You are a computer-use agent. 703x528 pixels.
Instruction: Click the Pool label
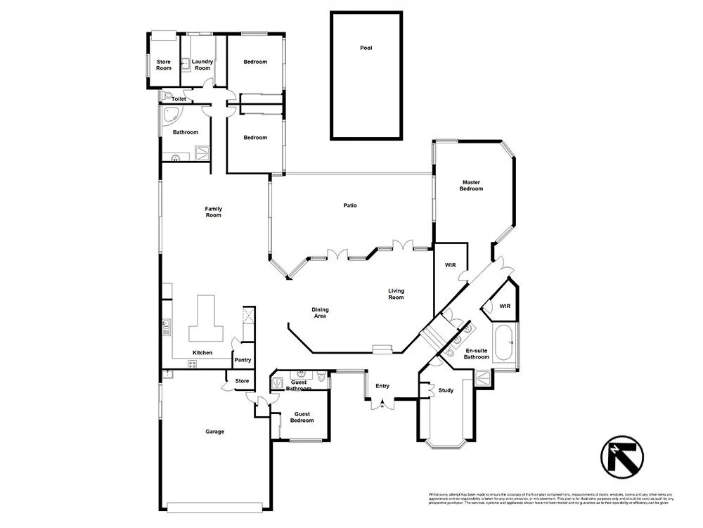(366, 48)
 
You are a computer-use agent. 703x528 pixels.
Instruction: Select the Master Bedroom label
(471, 186)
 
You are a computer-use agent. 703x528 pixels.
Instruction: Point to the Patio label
(349, 205)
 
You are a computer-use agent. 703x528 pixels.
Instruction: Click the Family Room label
(213, 212)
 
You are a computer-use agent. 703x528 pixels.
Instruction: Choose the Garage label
(214, 432)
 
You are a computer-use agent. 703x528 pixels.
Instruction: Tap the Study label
(446, 390)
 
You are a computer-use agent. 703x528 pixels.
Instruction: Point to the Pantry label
(243, 360)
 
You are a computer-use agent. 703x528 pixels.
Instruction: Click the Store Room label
(163, 65)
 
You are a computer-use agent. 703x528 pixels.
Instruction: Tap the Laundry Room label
(202, 65)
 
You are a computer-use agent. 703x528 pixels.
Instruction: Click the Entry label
(382, 386)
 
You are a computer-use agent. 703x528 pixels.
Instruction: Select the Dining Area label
(320, 313)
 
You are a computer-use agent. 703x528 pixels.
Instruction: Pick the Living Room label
(396, 294)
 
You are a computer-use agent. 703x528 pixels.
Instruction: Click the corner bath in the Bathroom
(171, 117)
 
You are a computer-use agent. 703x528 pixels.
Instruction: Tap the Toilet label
(179, 99)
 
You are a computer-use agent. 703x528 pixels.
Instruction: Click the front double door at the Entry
(382, 404)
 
